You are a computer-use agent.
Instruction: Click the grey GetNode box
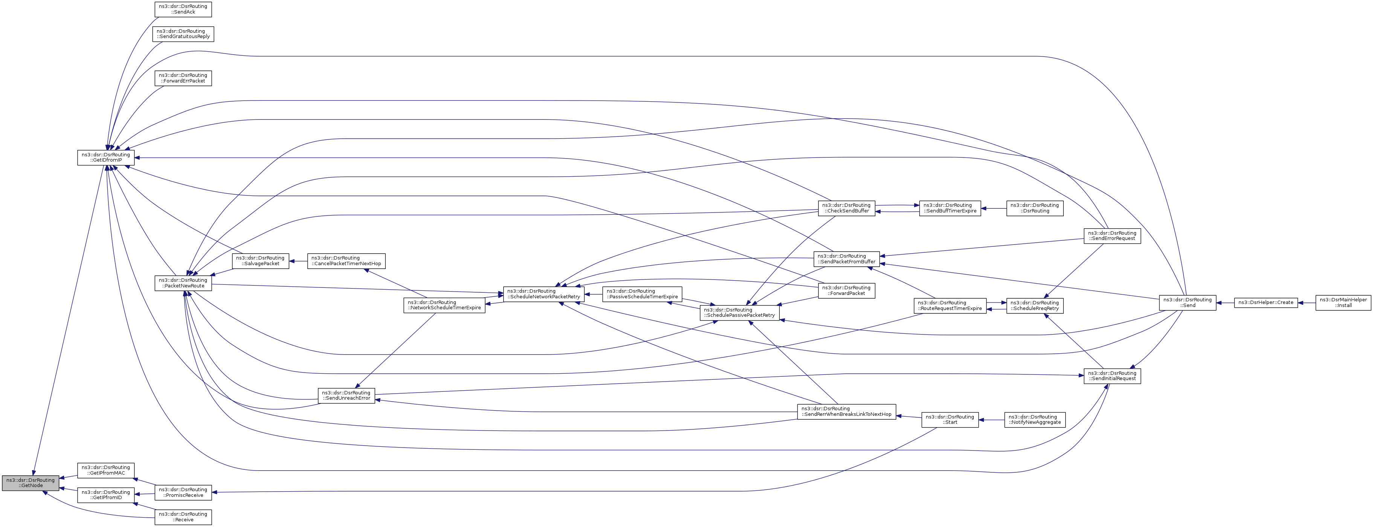coord(31,483)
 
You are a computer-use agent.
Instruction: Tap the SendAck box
coord(183,9)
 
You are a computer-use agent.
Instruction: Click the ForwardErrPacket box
coord(183,78)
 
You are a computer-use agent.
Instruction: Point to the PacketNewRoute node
coord(183,283)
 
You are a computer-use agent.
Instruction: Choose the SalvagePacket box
coord(260,261)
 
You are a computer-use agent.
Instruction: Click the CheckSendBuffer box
coord(846,208)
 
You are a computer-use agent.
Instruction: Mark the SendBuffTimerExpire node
coord(950,208)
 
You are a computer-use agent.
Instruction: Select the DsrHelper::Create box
coord(1265,302)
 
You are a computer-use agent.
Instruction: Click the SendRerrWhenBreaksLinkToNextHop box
coord(846,412)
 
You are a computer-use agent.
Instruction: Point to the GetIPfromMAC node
coord(105,470)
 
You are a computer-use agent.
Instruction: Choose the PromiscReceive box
coord(183,492)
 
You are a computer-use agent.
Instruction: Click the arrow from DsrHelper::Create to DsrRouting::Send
coord(1225,302)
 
